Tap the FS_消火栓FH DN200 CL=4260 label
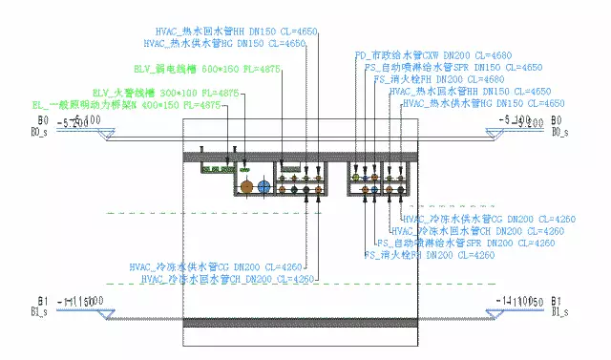[x=430, y=255]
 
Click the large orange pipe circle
[x=246, y=188]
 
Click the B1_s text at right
[x=561, y=311]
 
